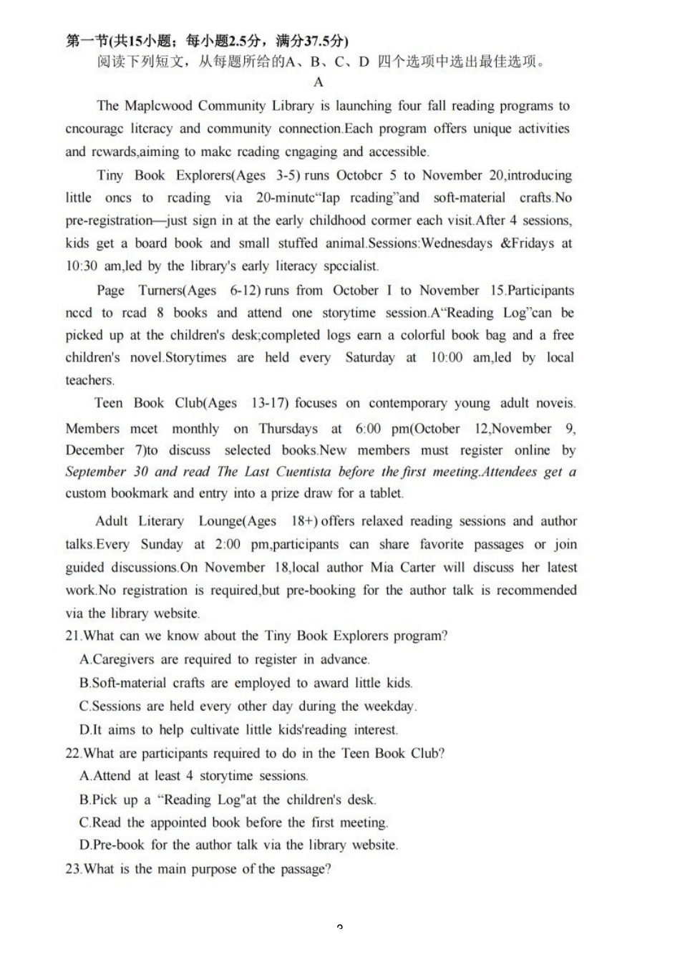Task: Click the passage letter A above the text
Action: pos(319,82)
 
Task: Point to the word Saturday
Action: pos(369,358)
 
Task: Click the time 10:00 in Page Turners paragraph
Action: pos(447,358)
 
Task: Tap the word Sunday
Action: pos(162,545)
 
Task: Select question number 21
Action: pos(72,636)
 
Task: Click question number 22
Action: pos(72,754)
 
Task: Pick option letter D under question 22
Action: pos(85,845)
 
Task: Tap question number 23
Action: pos(72,870)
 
